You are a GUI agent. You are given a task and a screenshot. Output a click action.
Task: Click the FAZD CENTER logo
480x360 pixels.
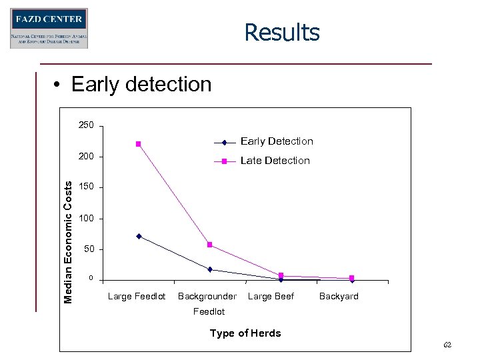pyautogui.click(x=49, y=28)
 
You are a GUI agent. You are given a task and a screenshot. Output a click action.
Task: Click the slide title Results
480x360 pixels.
pyautogui.click(x=282, y=32)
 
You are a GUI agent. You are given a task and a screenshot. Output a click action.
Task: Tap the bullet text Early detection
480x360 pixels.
pyautogui.click(x=141, y=85)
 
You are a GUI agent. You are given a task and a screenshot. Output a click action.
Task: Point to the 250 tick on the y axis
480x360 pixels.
pyautogui.click(x=86, y=126)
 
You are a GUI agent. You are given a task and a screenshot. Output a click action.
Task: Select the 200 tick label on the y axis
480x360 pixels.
pyautogui.click(x=86, y=157)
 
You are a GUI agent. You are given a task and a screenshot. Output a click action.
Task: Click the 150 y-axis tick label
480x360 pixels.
pyautogui.click(x=86, y=187)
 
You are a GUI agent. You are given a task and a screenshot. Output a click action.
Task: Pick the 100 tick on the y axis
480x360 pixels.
pyautogui.click(x=86, y=219)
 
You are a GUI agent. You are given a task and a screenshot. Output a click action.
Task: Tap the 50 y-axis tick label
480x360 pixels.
pyautogui.click(x=88, y=249)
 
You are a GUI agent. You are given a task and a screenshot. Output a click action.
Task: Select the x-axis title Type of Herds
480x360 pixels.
pyautogui.click(x=245, y=333)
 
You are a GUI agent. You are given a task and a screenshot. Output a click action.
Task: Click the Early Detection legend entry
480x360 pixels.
pyautogui.click(x=276, y=141)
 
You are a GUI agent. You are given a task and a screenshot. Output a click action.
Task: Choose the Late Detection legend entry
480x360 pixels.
pyautogui.click(x=275, y=161)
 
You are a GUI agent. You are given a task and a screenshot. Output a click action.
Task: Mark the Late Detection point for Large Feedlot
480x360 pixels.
pyautogui.click(x=139, y=144)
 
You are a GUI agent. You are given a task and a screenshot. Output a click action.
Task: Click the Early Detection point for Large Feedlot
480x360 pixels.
pyautogui.click(x=139, y=236)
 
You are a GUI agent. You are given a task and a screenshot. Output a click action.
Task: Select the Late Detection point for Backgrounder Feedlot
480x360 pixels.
pyautogui.click(x=210, y=245)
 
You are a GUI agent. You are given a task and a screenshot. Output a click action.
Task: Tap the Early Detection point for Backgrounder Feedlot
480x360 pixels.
pyautogui.click(x=210, y=269)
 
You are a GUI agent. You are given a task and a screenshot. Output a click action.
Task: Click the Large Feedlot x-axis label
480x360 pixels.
pyautogui.click(x=137, y=297)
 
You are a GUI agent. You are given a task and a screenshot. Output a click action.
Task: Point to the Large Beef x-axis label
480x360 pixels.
pyautogui.click(x=271, y=297)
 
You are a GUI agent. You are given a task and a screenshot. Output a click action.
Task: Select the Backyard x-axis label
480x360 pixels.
pyautogui.click(x=339, y=297)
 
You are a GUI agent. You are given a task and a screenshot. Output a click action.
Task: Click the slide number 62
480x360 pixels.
pyautogui.click(x=447, y=345)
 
